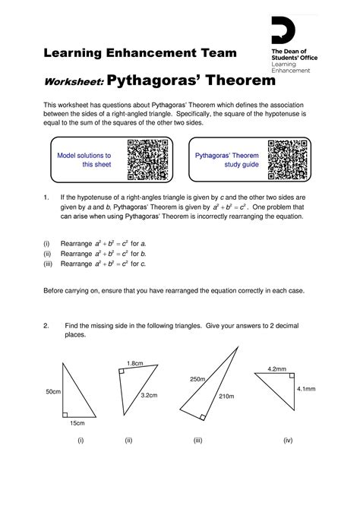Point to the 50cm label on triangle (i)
coord(52,391)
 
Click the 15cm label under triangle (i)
coord(77,423)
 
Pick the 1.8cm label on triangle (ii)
coord(135,363)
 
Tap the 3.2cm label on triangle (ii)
coord(150,395)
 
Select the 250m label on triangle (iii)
coord(198,379)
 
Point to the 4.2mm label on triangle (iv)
coord(276,369)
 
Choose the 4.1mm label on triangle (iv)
coord(305,388)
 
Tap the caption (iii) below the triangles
coord(197,440)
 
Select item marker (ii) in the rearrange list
coord(47,253)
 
